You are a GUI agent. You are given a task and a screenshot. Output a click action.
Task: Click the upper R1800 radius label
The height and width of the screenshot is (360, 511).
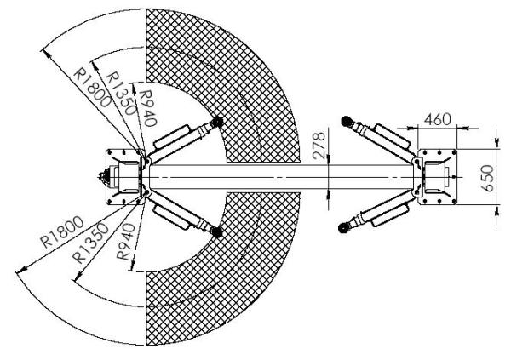pos(92,88)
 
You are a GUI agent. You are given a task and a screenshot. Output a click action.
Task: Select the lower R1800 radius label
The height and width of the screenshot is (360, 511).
pos(62,232)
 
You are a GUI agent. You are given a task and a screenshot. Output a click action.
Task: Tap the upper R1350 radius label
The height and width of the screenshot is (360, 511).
pos(121,93)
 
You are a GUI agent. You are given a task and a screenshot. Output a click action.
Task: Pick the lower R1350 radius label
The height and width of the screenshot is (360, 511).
pos(91,243)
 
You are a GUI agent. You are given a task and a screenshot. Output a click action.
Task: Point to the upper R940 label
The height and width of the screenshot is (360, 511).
pos(148,108)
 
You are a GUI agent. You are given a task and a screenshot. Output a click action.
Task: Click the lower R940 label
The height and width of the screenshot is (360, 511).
pos(126,241)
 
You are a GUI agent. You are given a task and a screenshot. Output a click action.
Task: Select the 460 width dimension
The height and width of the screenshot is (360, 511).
pos(438,119)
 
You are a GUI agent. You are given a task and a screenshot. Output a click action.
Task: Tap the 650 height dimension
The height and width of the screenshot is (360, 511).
pos(487,178)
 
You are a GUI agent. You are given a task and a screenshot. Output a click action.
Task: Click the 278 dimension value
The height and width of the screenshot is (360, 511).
pos(319,145)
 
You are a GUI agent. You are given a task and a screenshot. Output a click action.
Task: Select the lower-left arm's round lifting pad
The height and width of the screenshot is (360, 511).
pos(215,231)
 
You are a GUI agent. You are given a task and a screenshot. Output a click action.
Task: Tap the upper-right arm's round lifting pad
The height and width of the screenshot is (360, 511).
pos(346,122)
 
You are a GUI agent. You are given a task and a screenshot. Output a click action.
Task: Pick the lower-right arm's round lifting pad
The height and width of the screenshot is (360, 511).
pos(343,227)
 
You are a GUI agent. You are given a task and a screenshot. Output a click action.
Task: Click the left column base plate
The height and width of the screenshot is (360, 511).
pos(125,177)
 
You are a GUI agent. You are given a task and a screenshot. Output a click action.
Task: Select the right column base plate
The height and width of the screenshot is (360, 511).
pos(437,177)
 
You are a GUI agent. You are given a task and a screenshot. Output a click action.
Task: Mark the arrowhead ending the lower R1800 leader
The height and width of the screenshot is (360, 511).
pos(21,270)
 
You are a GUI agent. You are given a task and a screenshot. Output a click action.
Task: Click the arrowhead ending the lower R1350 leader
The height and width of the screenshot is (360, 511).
pos(78,277)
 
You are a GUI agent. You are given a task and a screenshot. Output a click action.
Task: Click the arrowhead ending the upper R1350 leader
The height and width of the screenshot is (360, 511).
pos(95,66)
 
